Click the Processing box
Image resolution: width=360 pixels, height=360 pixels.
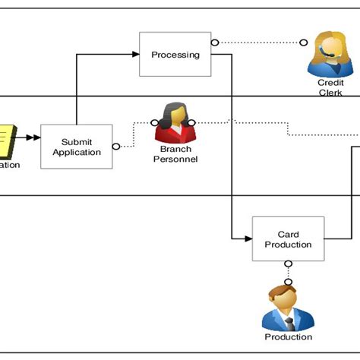[175, 54]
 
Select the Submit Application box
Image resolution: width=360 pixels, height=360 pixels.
[76, 147]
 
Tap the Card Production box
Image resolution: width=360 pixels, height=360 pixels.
[288, 239]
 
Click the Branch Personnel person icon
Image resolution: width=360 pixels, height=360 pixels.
[175, 123]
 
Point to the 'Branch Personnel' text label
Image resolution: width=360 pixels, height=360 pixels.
[175, 154]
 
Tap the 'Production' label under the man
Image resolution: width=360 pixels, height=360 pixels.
[288, 337]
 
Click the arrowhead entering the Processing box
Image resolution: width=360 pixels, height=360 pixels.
[135, 54]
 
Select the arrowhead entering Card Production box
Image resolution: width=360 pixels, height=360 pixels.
[248, 239]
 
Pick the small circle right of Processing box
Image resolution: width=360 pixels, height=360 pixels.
[215, 42]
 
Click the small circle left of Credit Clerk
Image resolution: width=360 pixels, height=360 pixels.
[303, 42]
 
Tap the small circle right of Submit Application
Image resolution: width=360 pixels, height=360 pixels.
[116, 147]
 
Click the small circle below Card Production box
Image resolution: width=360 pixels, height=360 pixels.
[288, 265]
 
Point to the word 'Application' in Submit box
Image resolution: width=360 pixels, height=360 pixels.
[76, 152]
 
